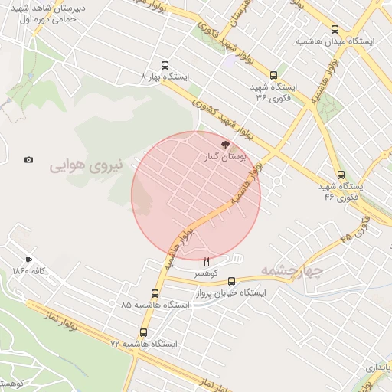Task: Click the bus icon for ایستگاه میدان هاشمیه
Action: tap(335, 29)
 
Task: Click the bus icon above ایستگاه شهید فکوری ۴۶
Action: tap(341, 175)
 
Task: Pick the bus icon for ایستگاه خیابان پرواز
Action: tap(232, 281)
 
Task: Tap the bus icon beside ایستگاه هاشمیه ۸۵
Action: tap(155, 293)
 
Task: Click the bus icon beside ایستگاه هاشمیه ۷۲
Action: tap(143, 332)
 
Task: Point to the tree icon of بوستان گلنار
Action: tap(224, 143)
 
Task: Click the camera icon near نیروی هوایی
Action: tap(28, 160)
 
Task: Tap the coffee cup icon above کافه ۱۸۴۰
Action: tap(29, 260)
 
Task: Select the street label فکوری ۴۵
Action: tap(355, 229)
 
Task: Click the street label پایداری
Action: tap(380, 368)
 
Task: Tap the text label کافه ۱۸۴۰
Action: tap(31, 271)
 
